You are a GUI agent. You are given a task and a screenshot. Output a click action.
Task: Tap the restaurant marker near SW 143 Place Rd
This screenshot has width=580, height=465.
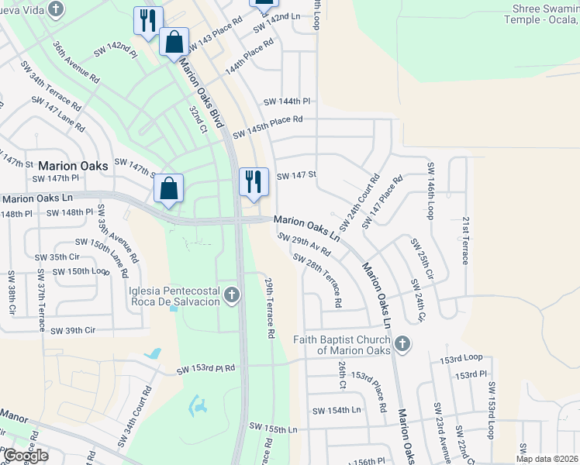point(148,21)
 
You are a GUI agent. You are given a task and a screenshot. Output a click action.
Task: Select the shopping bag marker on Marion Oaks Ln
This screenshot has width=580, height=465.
point(168,188)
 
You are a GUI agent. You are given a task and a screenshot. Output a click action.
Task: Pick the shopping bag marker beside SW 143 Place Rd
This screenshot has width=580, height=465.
point(174,42)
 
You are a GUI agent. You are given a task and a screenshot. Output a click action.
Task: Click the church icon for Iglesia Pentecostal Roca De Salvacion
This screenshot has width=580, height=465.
point(231,294)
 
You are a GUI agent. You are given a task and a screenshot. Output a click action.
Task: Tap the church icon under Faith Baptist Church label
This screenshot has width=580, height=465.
point(402,343)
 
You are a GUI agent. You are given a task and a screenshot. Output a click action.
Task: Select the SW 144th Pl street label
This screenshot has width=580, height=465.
point(287,102)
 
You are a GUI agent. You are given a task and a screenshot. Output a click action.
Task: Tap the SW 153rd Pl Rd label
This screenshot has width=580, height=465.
point(205,370)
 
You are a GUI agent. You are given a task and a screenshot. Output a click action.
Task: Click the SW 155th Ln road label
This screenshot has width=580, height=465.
point(274,427)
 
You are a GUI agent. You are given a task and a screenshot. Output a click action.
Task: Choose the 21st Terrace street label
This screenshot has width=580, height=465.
point(465,240)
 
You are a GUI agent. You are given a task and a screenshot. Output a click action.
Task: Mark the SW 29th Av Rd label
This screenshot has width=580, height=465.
point(304,246)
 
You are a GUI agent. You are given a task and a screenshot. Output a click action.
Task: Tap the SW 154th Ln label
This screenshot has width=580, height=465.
point(337,410)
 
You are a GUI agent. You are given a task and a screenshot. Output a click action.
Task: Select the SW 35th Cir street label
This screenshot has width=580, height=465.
point(58,257)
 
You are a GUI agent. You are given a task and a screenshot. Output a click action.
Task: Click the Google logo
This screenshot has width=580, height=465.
point(25,455)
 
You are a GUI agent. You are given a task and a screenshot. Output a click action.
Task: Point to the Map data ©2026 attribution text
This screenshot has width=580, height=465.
point(547,459)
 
